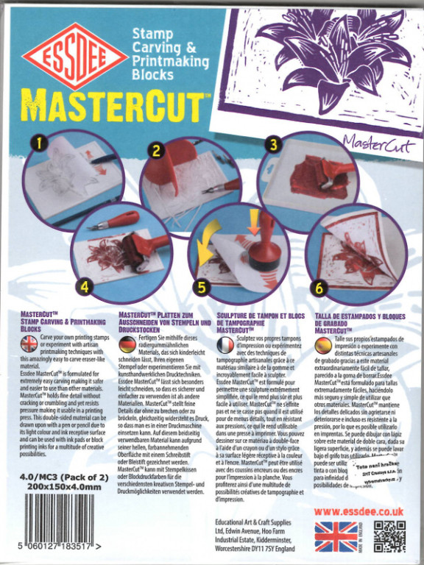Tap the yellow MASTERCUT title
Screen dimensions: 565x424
point(110,106)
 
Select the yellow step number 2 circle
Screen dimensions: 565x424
point(156,151)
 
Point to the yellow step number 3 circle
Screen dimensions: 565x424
point(272,144)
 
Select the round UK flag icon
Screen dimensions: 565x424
point(29,344)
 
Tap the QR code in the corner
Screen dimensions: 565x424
point(389,536)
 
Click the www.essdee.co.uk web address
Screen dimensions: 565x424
point(358,510)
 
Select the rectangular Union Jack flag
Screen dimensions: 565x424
point(335,536)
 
